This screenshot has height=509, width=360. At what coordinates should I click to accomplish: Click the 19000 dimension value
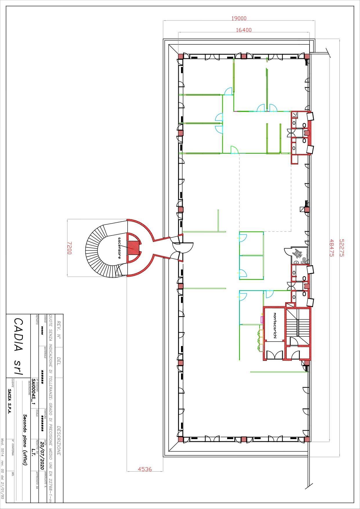click(x=239, y=18)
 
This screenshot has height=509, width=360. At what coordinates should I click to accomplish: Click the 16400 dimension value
click(x=244, y=30)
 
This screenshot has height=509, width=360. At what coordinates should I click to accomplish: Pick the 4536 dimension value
click(x=145, y=469)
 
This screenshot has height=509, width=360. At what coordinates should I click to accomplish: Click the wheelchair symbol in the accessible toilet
click(x=297, y=254)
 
